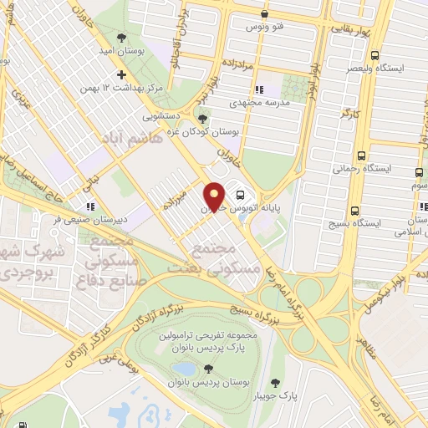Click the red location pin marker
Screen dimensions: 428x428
pos(214,196)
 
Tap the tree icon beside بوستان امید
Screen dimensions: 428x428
pos(123,38)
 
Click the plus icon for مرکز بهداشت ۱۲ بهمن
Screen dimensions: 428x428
pos(123,74)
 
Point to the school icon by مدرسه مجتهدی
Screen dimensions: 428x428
pos(258,89)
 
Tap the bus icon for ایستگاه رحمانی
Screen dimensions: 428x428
pos(361,155)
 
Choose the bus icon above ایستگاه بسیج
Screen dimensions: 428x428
pos(356,211)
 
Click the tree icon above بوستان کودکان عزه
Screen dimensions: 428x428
pos(201,118)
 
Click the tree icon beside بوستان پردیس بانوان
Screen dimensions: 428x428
pos(208,368)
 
